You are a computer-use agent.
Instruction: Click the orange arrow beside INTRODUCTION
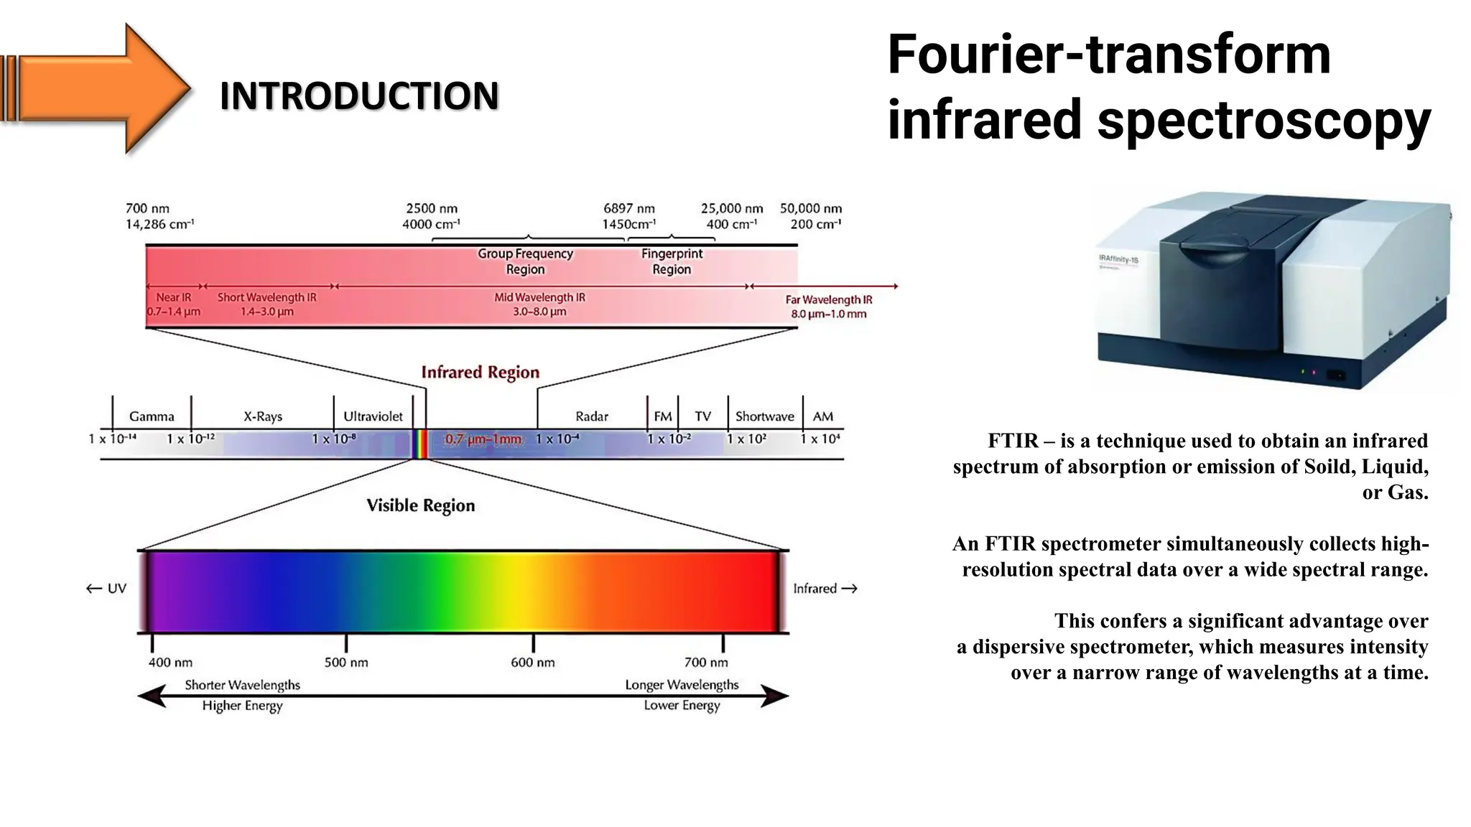pos(97,88)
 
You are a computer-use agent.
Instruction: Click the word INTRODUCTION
pos(359,96)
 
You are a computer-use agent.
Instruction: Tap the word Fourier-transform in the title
pos(1109,55)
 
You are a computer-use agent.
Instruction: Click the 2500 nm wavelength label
pos(432,208)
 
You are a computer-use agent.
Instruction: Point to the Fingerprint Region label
pos(672,261)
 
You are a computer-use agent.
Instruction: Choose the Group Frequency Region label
pos(525,261)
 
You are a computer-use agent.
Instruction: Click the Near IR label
pos(174,297)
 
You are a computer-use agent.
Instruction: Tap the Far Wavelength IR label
pos(828,299)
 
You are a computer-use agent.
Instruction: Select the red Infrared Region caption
pos(480,372)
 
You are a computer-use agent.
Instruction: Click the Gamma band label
pos(152,416)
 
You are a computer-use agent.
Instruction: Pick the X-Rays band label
pos(263,416)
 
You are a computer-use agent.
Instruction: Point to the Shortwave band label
pos(764,416)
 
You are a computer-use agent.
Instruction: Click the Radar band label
pos(592,416)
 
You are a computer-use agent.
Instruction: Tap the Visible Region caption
pos(421,505)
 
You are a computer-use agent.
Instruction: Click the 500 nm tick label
pos(346,662)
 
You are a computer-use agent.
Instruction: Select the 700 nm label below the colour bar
pos(706,662)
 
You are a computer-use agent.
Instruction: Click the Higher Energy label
pos(242,706)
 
